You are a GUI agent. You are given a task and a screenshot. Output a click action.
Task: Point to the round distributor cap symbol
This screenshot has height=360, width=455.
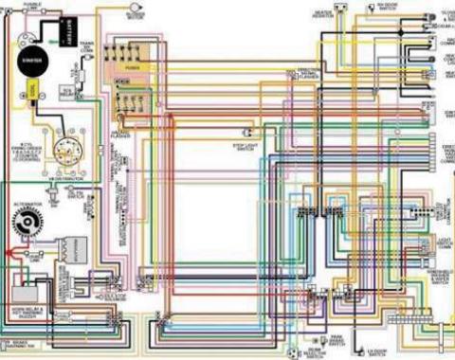[x=65, y=152]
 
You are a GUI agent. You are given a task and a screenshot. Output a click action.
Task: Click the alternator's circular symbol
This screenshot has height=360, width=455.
[x=27, y=224]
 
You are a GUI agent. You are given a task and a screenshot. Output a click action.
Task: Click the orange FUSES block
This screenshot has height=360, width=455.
[x=131, y=68]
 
